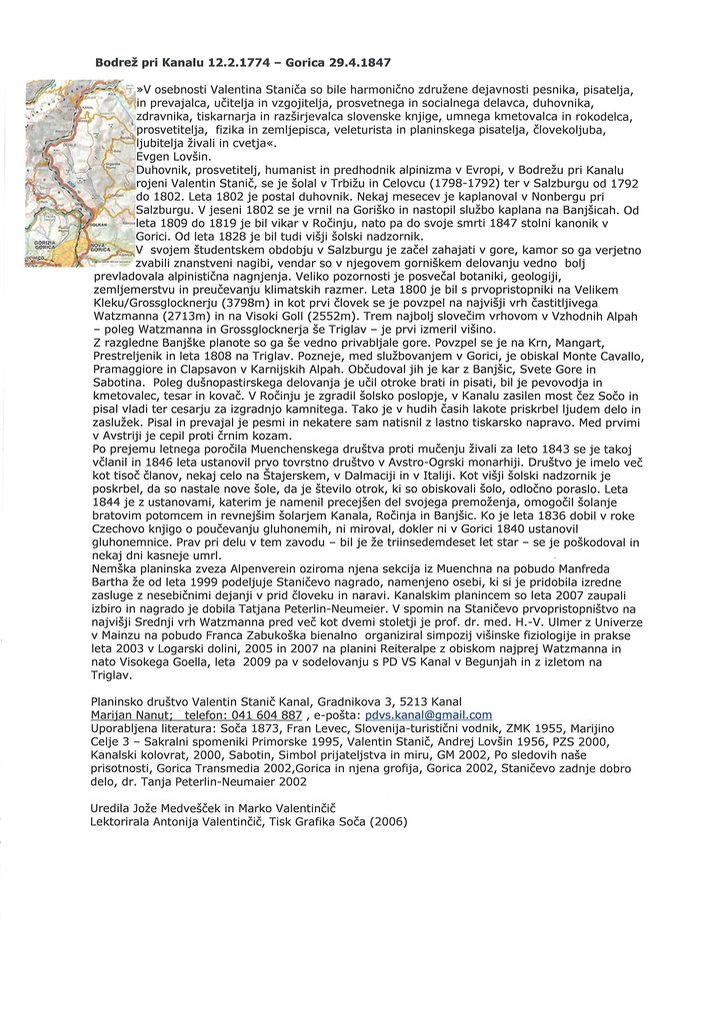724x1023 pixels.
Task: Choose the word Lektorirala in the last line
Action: click(x=126, y=822)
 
